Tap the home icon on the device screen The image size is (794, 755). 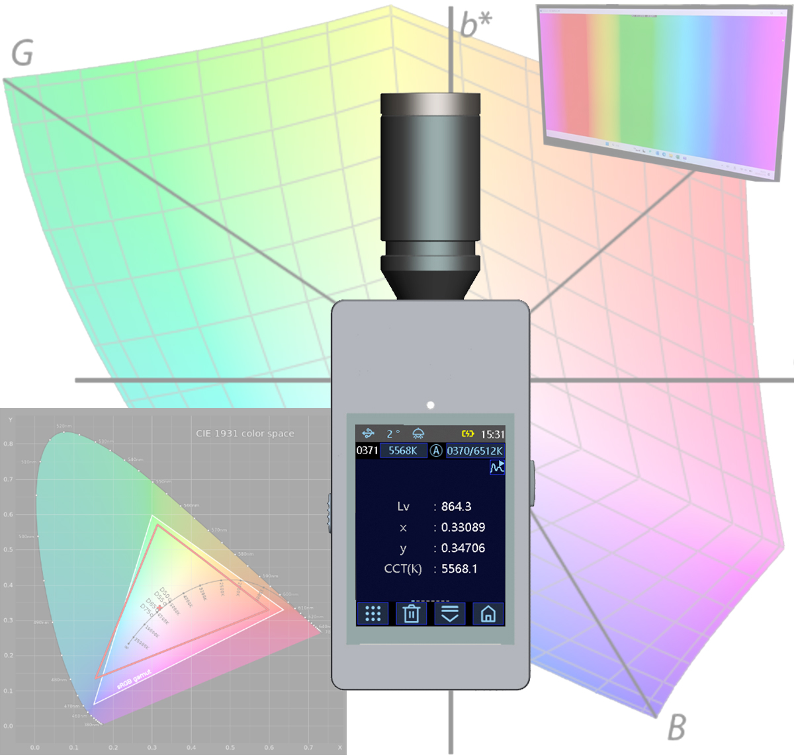(x=488, y=614)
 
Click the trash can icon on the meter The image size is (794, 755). (x=411, y=614)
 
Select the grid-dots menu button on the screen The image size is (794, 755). (x=373, y=614)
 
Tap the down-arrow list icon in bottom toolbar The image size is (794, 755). (x=449, y=614)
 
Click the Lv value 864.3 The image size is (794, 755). (x=456, y=506)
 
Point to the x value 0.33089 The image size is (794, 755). (x=463, y=528)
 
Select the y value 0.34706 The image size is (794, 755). (x=463, y=548)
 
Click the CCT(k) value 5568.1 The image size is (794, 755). (x=459, y=569)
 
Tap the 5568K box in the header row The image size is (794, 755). (x=402, y=451)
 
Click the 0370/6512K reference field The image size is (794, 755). (x=474, y=451)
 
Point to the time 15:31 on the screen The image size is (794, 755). (x=492, y=434)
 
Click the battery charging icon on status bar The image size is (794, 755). (x=468, y=434)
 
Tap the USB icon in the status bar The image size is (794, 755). (x=369, y=434)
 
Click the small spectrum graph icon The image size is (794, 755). (x=497, y=467)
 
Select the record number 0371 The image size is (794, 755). (x=367, y=451)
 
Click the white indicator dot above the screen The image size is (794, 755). (x=431, y=405)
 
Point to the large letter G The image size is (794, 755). (x=22, y=54)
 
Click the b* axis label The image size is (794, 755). (x=476, y=25)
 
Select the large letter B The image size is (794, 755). (x=676, y=728)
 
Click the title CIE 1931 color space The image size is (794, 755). (x=245, y=434)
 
